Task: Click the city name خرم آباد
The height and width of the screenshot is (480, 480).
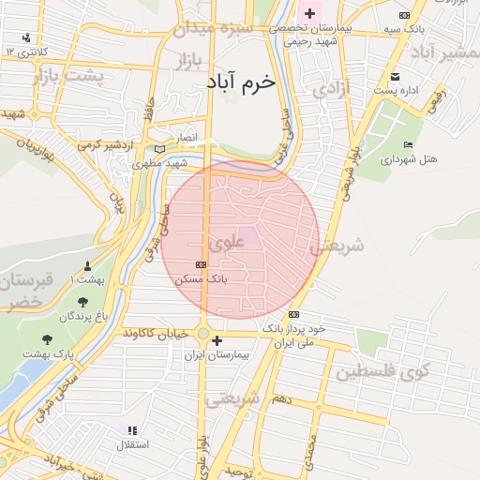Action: click(243, 82)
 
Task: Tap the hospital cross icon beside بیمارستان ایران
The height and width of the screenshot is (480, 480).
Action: click(217, 340)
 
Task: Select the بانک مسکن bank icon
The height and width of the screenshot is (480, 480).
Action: click(201, 265)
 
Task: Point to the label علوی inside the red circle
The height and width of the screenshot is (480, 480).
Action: click(227, 241)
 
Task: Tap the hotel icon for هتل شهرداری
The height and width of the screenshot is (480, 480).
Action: click(407, 144)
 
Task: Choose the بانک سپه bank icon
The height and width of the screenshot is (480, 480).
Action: click(404, 16)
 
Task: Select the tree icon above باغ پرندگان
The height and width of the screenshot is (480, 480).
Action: click(83, 302)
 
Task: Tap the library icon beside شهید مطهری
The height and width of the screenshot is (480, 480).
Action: click(158, 149)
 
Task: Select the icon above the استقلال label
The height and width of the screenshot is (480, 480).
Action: click(131, 430)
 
